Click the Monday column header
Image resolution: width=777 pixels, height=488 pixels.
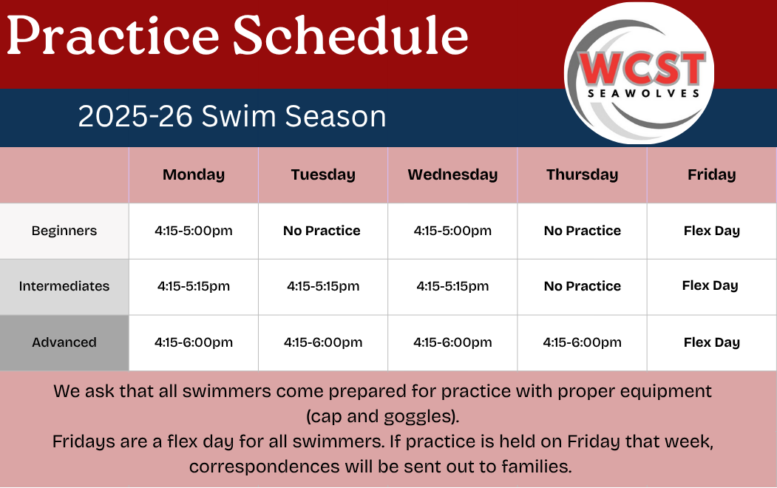pyautogui.click(x=194, y=175)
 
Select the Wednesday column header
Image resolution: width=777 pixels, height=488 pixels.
pyautogui.click(x=452, y=175)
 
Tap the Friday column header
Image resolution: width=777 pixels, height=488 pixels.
pyautogui.click(x=712, y=175)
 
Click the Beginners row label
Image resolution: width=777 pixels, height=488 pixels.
pyautogui.click(x=64, y=231)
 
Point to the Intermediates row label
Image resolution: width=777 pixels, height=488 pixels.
pyautogui.click(x=64, y=286)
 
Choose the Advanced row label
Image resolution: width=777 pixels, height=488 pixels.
pyautogui.click(x=64, y=342)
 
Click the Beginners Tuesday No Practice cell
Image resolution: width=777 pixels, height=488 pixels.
pyautogui.click(x=322, y=231)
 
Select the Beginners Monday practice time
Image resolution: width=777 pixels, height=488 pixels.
pyautogui.click(x=194, y=231)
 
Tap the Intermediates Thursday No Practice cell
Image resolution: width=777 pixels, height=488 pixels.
pyautogui.click(x=583, y=286)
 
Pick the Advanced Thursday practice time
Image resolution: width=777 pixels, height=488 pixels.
pyautogui.click(x=583, y=342)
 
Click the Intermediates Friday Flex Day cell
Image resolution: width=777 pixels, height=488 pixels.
pyautogui.click(x=710, y=286)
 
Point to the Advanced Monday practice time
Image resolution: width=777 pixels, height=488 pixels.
pyautogui.click(x=194, y=342)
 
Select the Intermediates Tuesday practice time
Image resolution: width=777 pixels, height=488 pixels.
pyautogui.click(x=323, y=286)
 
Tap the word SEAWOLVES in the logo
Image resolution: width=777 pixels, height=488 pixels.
pyautogui.click(x=643, y=94)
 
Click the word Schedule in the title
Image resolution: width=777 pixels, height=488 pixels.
pyautogui.click(x=351, y=35)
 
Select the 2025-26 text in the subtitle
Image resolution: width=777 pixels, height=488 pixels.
pyautogui.click(x=135, y=116)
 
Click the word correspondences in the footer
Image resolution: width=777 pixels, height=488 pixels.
pyautogui.click(x=265, y=467)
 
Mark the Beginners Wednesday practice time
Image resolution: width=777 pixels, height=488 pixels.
pyautogui.click(x=452, y=231)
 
